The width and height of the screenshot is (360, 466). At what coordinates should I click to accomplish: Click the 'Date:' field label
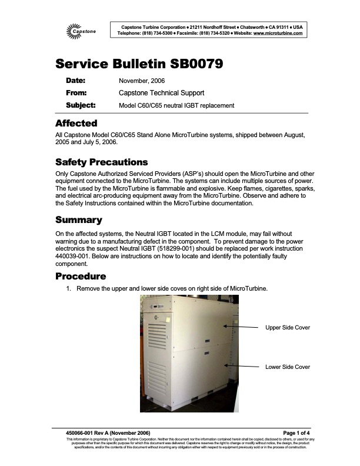tap(75, 80)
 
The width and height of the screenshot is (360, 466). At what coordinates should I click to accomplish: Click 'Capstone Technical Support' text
tap(161, 93)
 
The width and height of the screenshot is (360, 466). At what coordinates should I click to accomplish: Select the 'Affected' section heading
tap(76, 124)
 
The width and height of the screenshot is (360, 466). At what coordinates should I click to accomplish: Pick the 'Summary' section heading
tap(78, 220)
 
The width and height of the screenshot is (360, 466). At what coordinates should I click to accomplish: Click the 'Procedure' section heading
tap(81, 277)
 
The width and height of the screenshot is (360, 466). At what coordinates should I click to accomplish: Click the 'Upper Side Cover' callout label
tap(288, 327)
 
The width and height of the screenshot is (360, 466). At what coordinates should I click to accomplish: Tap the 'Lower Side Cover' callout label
tap(288, 367)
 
